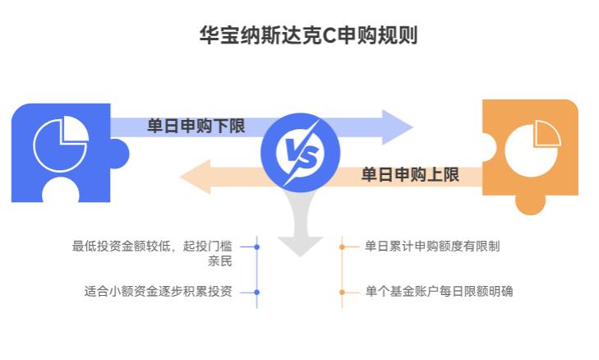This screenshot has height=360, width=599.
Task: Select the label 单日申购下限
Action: (196, 127)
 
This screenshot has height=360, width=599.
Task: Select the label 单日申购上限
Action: (410, 174)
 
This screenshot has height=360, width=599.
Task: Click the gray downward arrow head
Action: (300, 245)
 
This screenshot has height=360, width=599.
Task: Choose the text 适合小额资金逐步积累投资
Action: (158, 291)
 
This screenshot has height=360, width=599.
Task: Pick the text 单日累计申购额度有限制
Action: (432, 246)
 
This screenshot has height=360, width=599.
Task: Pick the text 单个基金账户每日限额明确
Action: (439, 291)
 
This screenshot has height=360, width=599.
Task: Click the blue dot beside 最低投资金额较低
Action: (257, 247)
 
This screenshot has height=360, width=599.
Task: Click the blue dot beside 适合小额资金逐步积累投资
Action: (257, 292)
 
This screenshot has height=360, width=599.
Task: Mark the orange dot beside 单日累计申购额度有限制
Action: (343, 247)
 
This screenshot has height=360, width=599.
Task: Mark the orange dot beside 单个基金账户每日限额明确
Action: (343, 292)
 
